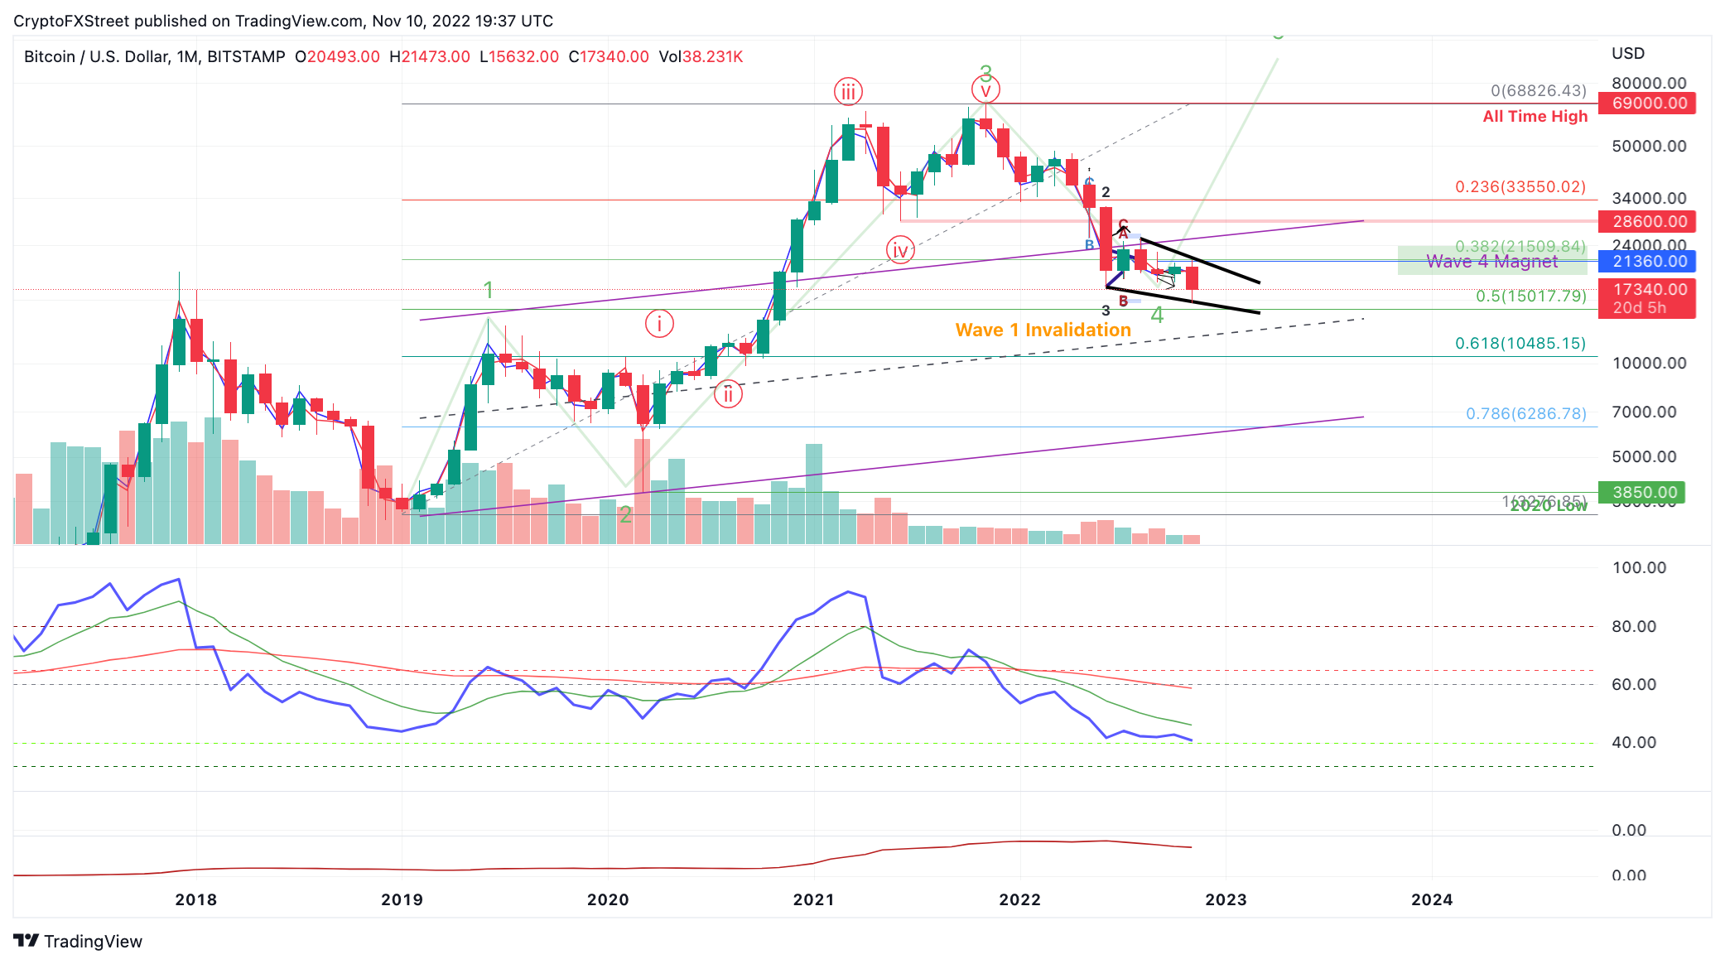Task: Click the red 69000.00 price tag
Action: click(1646, 104)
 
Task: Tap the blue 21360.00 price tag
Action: click(1646, 262)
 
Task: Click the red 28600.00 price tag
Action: click(1646, 221)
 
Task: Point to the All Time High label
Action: click(1535, 117)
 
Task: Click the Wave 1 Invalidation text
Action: click(1043, 330)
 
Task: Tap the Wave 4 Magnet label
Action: click(1491, 262)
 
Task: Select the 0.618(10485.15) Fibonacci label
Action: click(1520, 343)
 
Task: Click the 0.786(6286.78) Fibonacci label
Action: click(1525, 413)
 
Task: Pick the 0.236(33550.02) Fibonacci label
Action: click(1520, 187)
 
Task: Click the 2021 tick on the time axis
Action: click(813, 899)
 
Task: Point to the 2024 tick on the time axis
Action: click(1431, 899)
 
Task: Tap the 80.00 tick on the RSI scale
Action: click(1633, 626)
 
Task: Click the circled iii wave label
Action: click(848, 91)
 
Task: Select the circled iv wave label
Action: click(900, 249)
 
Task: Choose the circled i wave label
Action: click(659, 324)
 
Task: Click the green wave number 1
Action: click(489, 290)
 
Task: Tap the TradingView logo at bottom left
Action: click(78, 941)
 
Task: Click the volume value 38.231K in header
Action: click(711, 57)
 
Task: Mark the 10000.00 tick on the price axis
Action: click(1649, 363)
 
